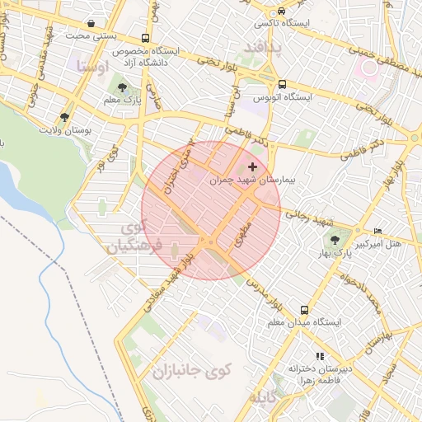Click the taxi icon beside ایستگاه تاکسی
[282, 12]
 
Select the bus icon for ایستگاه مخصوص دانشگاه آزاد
[146, 38]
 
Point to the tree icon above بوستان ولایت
[65, 117]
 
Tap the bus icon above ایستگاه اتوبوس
[282, 84]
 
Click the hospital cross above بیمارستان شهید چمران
[252, 167]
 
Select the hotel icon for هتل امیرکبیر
[378, 231]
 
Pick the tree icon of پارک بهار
[335, 240]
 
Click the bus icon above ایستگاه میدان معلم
[305, 311]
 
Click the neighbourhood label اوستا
[91, 65]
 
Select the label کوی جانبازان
[191, 371]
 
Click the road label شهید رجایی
[310, 218]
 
